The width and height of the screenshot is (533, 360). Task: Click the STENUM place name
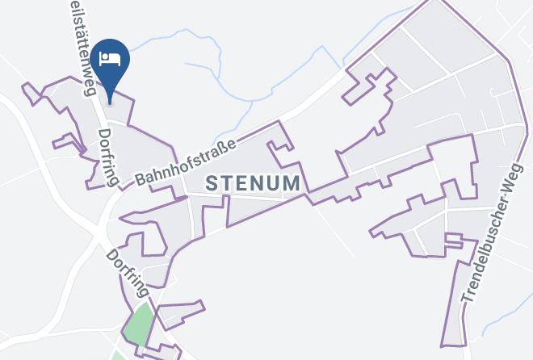click(x=254, y=183)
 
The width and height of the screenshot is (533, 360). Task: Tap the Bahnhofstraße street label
click(x=186, y=161)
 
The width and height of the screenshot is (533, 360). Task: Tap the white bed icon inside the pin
click(x=110, y=58)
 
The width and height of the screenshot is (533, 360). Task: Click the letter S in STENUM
click(x=212, y=183)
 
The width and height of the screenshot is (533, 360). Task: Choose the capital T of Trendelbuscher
click(x=467, y=298)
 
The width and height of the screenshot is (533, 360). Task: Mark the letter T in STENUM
click(x=229, y=183)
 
